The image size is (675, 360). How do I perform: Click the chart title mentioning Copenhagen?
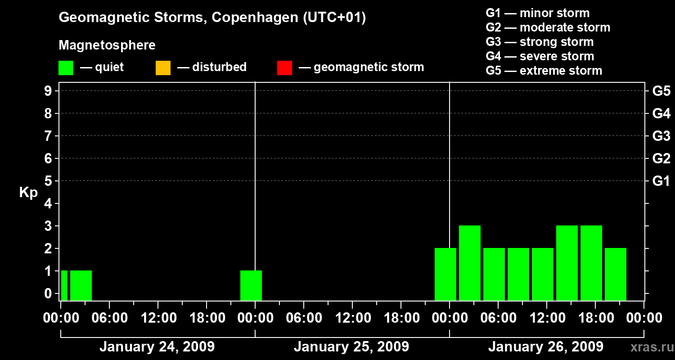pyautogui.click(x=212, y=18)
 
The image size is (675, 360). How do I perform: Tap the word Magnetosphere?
pyautogui.click(x=107, y=45)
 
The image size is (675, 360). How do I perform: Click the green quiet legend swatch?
pyautogui.click(x=66, y=67)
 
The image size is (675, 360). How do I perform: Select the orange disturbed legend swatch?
pyautogui.click(x=163, y=67)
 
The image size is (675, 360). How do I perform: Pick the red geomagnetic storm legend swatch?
pyautogui.click(x=284, y=67)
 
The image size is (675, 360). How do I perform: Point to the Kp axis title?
pyautogui.click(x=28, y=193)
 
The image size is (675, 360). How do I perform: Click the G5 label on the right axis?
pyautogui.click(x=661, y=91)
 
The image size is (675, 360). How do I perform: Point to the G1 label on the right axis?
pyautogui.click(x=661, y=181)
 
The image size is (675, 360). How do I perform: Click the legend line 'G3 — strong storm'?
pyautogui.click(x=540, y=42)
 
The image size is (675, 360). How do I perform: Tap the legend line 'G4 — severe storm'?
pyautogui.click(x=540, y=56)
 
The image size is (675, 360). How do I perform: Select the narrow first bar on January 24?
pyautogui.click(x=64, y=285)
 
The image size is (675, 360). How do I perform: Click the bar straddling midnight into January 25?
pyautogui.click(x=251, y=285)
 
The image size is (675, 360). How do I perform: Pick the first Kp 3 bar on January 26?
pyautogui.click(x=470, y=263)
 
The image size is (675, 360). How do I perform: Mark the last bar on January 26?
pyautogui.click(x=616, y=274)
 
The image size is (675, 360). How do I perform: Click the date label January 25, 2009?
pyautogui.click(x=351, y=347)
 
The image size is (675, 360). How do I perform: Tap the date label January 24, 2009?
pyautogui.click(x=157, y=347)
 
